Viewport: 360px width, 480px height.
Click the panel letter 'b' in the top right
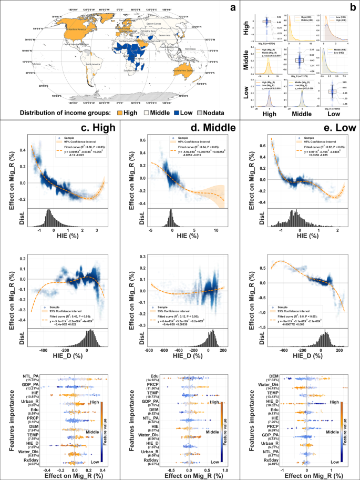(x=354, y=5)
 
